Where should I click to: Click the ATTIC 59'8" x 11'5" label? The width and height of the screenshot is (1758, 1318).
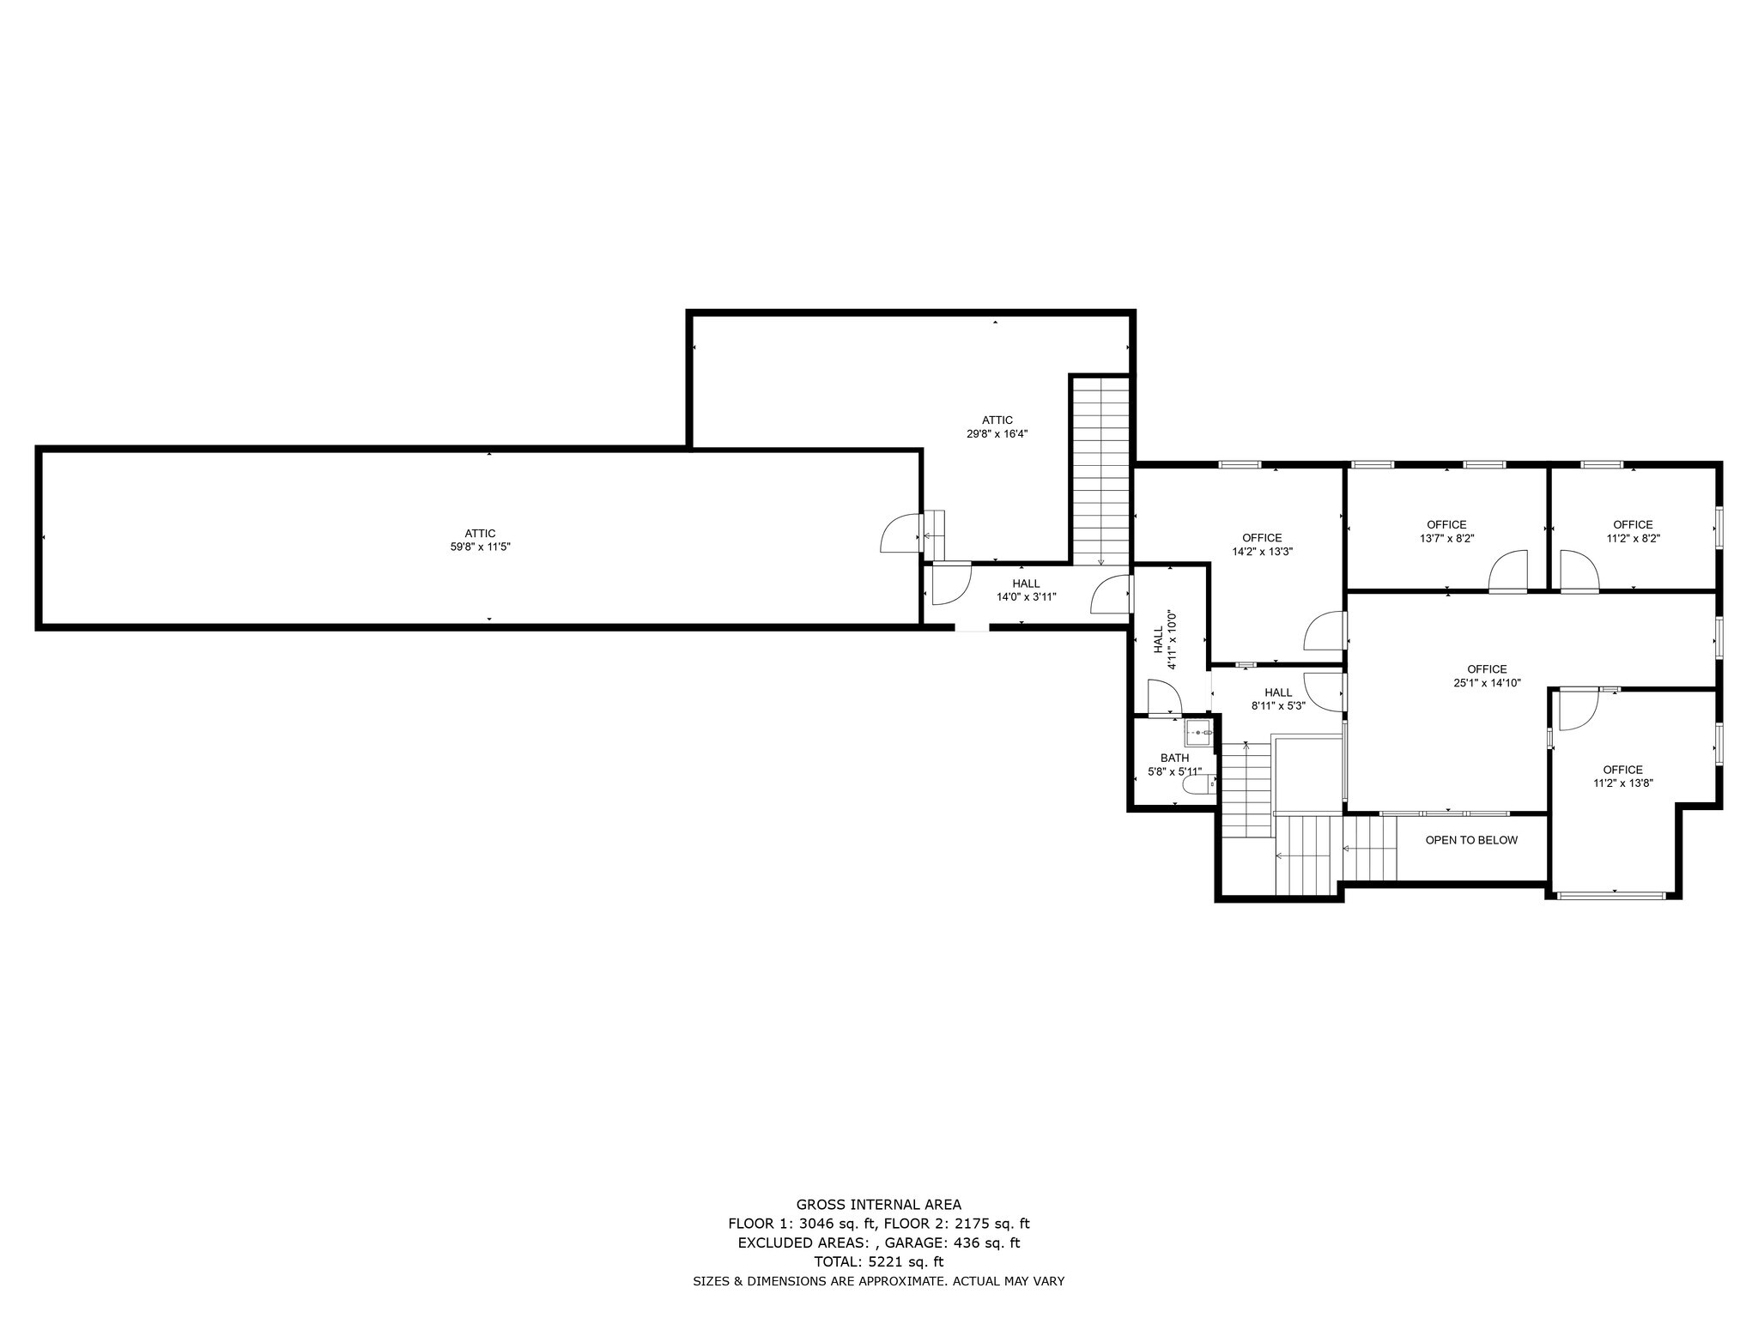[481, 540]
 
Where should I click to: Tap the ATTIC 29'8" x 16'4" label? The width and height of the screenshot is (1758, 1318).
[997, 426]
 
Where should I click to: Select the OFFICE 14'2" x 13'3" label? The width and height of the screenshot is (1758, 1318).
[1262, 545]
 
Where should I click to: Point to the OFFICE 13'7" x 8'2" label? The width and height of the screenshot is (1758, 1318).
[1446, 531]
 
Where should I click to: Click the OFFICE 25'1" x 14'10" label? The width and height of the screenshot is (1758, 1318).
[1487, 676]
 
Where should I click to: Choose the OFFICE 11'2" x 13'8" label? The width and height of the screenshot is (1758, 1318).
[1622, 777]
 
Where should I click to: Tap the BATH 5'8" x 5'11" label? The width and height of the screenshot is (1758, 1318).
[1174, 765]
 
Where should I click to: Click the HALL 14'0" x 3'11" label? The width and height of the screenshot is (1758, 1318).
[1026, 590]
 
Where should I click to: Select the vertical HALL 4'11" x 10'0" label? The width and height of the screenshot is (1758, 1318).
[1164, 639]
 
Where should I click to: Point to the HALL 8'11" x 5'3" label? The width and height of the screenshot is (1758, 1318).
[1278, 699]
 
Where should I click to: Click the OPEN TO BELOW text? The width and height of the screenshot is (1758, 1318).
[1471, 840]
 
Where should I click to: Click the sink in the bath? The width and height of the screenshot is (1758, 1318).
[1197, 734]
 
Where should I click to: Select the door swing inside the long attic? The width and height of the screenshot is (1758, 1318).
[900, 533]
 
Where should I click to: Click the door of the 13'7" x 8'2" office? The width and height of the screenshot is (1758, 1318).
[1508, 571]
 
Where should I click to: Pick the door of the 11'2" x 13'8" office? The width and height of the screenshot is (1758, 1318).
[1578, 710]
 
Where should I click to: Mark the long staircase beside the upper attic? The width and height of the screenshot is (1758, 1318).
[1101, 471]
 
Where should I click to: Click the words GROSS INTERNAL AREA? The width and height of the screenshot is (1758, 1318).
[879, 1205]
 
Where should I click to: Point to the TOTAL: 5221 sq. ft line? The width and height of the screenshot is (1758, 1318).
[879, 1261]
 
